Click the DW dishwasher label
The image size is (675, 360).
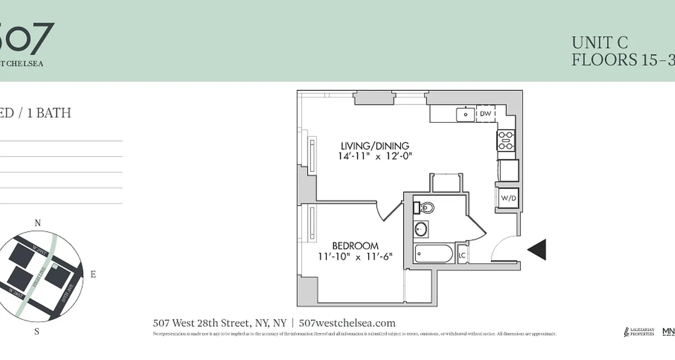[485, 114]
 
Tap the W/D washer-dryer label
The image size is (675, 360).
[508, 198]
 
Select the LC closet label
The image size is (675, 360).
[462, 256]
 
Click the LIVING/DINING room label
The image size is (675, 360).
[375, 146]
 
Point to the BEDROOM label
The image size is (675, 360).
[355, 246]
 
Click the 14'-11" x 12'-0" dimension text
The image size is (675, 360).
[375, 156]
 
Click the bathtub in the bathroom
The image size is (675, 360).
[433, 254]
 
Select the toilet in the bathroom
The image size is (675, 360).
[425, 208]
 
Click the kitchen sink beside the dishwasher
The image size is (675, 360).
[465, 114]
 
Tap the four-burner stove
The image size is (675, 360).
[506, 140]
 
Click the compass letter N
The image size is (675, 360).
[38, 223]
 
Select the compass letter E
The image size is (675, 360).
[93, 274]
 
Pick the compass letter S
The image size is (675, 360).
[37, 332]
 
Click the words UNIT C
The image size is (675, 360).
[599, 43]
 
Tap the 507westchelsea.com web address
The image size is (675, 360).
[347, 323]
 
